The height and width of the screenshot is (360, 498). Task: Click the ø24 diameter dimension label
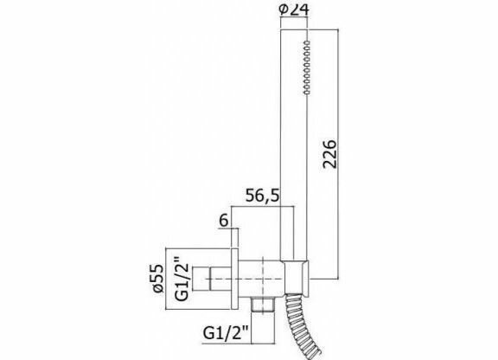(293, 10)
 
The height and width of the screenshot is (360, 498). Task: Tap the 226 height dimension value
(329, 153)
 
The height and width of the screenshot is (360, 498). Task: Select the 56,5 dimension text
(263, 196)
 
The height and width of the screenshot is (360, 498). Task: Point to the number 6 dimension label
(224, 221)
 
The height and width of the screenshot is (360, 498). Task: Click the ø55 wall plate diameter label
(158, 279)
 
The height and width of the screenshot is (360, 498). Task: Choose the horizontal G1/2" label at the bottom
(226, 333)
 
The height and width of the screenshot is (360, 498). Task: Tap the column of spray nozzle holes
(307, 67)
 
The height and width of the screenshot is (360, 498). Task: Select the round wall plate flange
(234, 279)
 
